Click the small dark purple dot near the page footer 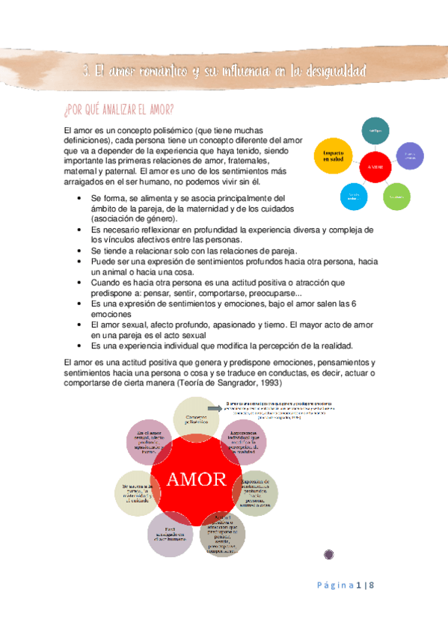(x=329, y=554)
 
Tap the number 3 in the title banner (x=87, y=72)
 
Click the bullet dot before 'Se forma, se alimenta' (x=79, y=197)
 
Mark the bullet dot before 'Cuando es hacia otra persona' (x=79, y=283)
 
